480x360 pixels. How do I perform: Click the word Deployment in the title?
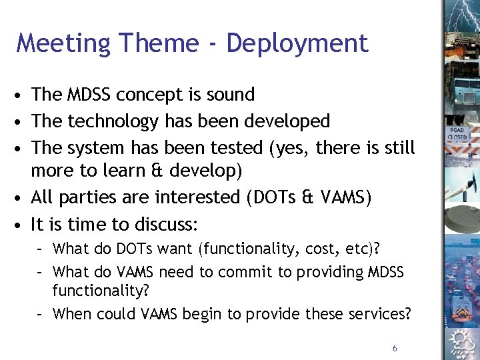(297, 43)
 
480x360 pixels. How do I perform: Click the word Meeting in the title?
(63, 43)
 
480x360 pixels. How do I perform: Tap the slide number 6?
(395, 349)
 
